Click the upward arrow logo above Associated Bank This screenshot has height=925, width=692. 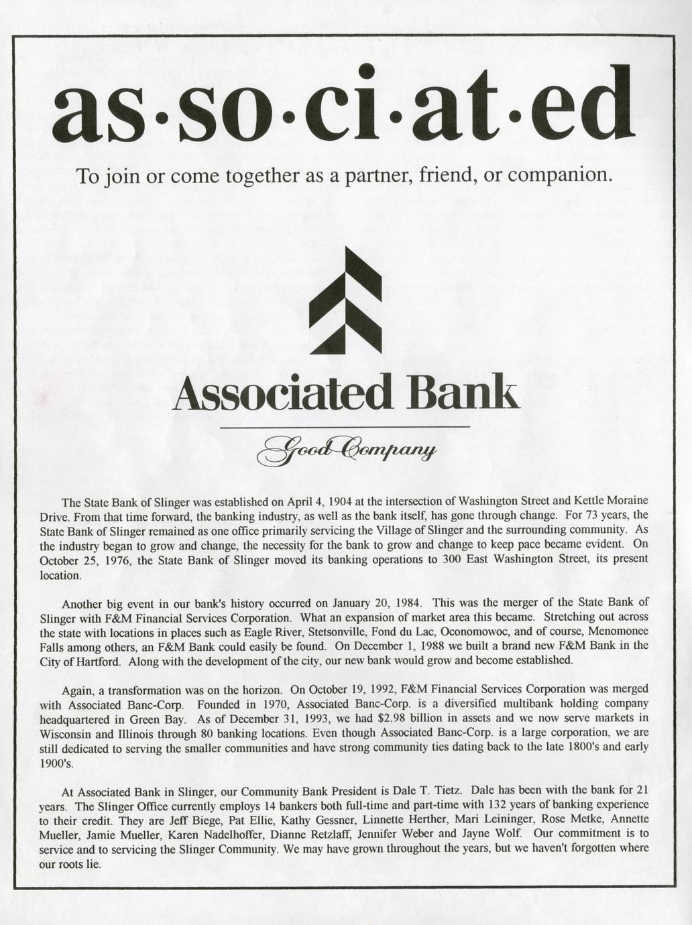click(x=345, y=302)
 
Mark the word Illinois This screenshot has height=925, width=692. click(x=119, y=733)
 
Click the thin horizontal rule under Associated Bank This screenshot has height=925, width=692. click(x=345, y=426)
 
